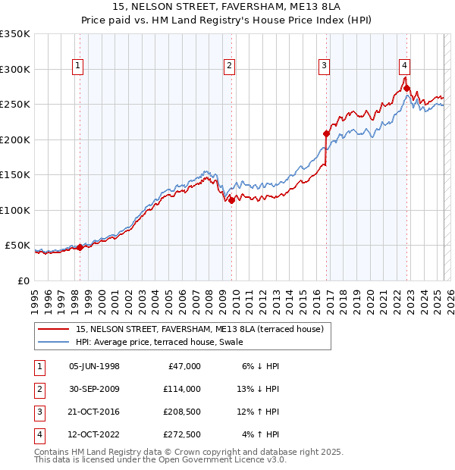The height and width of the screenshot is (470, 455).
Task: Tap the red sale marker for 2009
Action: (231, 200)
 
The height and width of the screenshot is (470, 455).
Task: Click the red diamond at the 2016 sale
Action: (327, 133)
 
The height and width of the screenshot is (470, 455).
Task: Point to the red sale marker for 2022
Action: (407, 88)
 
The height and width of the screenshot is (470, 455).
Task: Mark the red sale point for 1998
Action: (80, 247)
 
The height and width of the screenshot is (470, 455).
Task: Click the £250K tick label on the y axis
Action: (15, 105)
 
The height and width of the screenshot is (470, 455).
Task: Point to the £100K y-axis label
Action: (15, 210)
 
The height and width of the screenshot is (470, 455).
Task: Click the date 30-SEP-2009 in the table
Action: (94, 388)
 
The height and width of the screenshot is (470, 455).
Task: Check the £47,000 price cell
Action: (183, 365)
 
